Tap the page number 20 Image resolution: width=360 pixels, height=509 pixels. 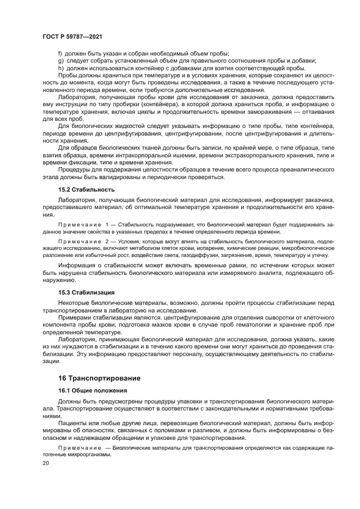pyautogui.click(x=45, y=463)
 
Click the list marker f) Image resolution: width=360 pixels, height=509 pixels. pyautogui.click(x=60, y=54)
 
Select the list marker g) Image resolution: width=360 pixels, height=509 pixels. pyautogui.click(x=60, y=61)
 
